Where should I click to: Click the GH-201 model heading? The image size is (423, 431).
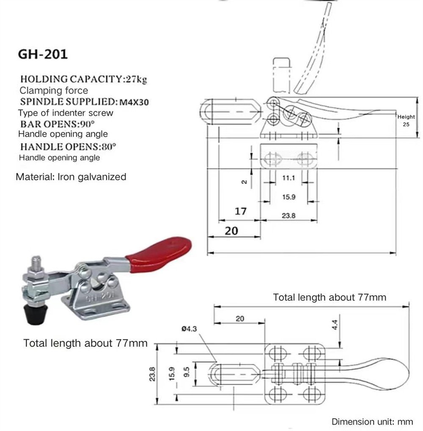click(x=43, y=54)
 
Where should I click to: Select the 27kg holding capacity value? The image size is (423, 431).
click(x=136, y=80)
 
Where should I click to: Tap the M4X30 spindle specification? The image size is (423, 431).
click(x=134, y=102)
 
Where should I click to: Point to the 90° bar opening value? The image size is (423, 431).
click(x=87, y=124)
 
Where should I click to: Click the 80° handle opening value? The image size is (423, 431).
click(x=109, y=146)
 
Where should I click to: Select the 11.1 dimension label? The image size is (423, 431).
click(x=288, y=178)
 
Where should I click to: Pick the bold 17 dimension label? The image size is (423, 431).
click(x=241, y=211)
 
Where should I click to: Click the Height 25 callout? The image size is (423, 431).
click(x=406, y=121)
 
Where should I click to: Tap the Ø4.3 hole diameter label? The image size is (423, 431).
click(x=189, y=329)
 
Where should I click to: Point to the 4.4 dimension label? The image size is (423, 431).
click(x=335, y=324)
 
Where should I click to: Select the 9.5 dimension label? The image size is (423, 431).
click(x=187, y=372)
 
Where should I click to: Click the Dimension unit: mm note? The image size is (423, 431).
click(x=372, y=422)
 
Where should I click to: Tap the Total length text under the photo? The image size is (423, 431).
click(x=85, y=343)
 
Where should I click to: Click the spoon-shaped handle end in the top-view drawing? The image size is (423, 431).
click(x=385, y=374)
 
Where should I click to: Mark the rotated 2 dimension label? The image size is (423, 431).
click(x=244, y=182)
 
